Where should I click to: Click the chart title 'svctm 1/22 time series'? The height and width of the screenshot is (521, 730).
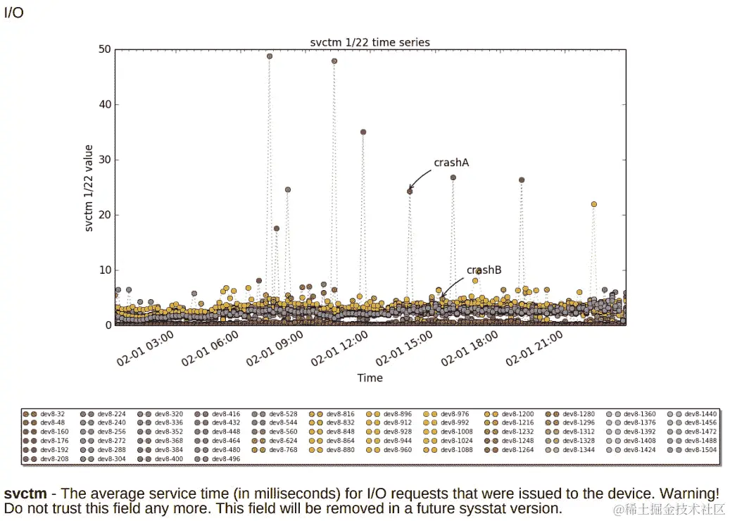pyautogui.click(x=370, y=42)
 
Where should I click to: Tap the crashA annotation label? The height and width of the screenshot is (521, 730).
pyautogui.click(x=451, y=163)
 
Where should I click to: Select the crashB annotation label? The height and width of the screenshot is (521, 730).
pyautogui.click(x=484, y=270)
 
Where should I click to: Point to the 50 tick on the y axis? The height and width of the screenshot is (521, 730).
pyautogui.click(x=105, y=49)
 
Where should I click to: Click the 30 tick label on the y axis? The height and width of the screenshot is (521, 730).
pyautogui.click(x=105, y=160)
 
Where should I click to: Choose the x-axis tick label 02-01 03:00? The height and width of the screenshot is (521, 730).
pyautogui.click(x=145, y=349)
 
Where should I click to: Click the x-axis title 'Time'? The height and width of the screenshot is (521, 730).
pyautogui.click(x=370, y=378)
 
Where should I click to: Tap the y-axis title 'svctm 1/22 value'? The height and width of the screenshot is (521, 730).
pyautogui.click(x=89, y=188)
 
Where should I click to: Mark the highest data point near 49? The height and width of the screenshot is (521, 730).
pyautogui.click(x=270, y=56)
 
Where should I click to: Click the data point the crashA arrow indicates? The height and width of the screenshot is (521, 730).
pyautogui.click(x=410, y=192)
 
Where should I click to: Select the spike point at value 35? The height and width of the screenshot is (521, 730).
pyautogui.click(x=363, y=132)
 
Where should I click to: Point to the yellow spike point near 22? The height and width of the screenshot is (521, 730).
pyautogui.click(x=594, y=204)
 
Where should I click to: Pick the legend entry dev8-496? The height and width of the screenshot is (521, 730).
pyautogui.click(x=225, y=458)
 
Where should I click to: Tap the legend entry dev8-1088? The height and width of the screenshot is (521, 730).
pyautogui.click(x=458, y=449)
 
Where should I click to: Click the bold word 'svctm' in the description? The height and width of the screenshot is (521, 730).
pyautogui.click(x=25, y=494)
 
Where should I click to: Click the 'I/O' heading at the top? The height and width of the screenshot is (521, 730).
pyautogui.click(x=14, y=13)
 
